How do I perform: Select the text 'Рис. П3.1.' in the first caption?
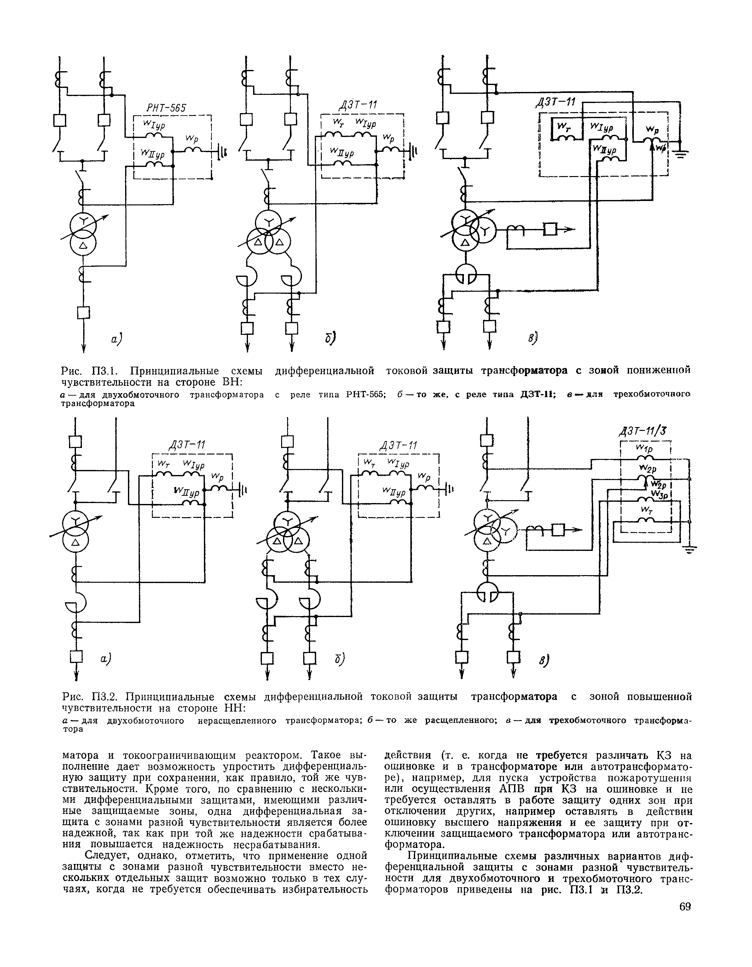coord(90,369)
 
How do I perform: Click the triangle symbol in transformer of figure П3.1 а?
coord(83,245)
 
